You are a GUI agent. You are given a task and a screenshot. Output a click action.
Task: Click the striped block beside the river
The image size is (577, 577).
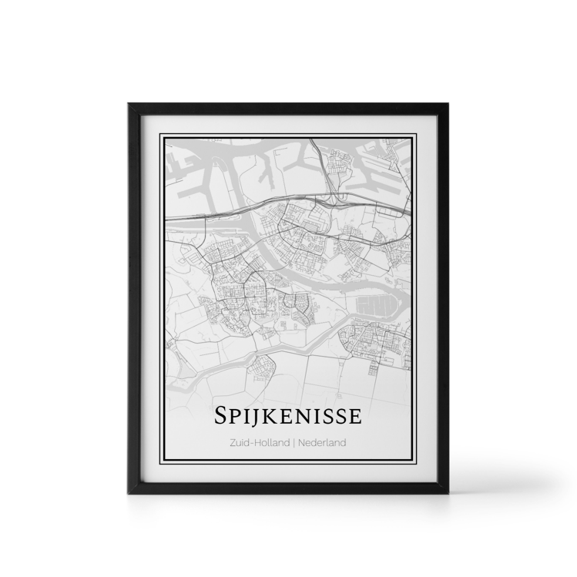pyautogui.click(x=377, y=306)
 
